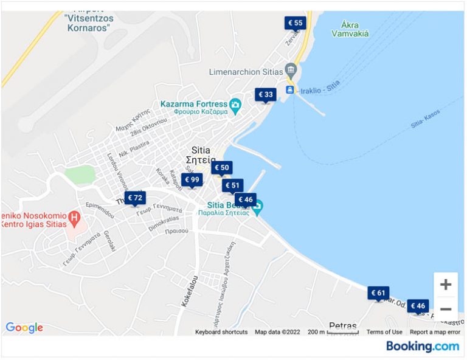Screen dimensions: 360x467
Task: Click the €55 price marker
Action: click(295, 23)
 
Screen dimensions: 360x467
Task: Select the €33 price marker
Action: click(265, 95)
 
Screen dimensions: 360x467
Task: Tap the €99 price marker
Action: click(192, 179)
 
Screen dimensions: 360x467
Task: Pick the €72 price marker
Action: click(135, 198)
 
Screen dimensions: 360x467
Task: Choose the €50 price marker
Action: click(222, 167)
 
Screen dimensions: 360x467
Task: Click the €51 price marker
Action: click(232, 185)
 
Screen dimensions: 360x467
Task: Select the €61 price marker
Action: click(378, 292)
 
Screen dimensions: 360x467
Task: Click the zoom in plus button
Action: click(446, 285)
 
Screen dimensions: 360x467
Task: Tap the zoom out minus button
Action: click(446, 309)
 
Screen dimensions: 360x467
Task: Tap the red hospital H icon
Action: click(74, 216)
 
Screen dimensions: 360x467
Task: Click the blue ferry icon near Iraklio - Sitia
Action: click(290, 89)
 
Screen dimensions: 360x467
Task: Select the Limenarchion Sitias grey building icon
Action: click(291, 71)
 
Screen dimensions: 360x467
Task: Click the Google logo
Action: click(24, 328)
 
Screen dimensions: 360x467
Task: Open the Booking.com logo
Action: click(423, 346)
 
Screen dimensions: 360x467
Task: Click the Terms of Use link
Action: click(384, 332)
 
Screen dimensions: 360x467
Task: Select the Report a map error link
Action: click(435, 332)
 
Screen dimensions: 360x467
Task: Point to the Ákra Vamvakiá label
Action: click(350, 29)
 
